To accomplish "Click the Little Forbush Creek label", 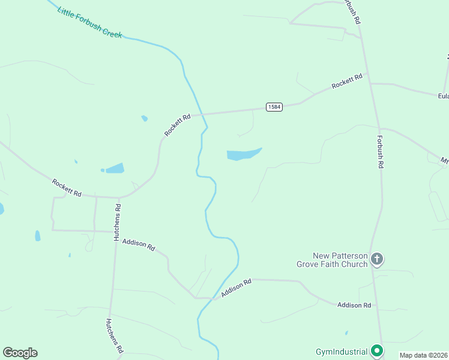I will [x=90, y=23].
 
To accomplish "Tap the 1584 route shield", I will [x=274, y=107].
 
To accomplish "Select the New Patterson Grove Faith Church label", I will [x=332, y=260].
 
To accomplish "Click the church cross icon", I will [x=376, y=259].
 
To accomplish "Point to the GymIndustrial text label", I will [x=341, y=351].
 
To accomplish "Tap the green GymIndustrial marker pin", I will [x=377, y=350].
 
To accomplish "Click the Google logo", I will [x=20, y=353].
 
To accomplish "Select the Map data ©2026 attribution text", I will [x=423, y=355].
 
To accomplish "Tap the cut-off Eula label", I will [x=443, y=95].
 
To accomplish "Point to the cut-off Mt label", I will [x=444, y=161].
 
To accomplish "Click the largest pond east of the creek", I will [x=244, y=154].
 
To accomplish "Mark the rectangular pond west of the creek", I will [x=114, y=168].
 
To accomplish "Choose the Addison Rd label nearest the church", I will [x=354, y=305].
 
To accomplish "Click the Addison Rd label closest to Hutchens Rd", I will [x=139, y=245].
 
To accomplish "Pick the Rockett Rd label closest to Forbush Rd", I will [x=348, y=81].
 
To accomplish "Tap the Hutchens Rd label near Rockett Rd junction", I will [x=118, y=222].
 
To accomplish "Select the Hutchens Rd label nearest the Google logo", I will [x=115, y=335].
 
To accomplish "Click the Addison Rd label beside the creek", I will [x=235, y=289].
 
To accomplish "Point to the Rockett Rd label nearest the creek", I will [x=178, y=124].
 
